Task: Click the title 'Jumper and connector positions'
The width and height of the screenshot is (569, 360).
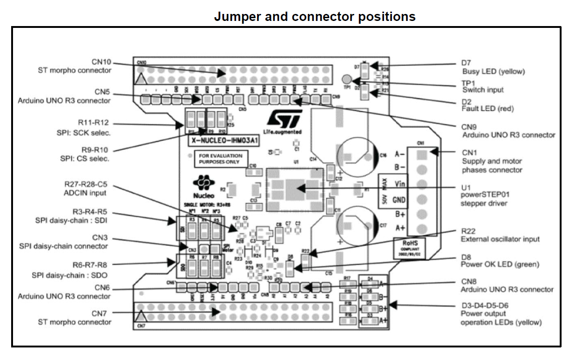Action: point(314,17)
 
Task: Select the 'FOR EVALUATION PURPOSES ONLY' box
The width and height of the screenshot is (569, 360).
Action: point(221,159)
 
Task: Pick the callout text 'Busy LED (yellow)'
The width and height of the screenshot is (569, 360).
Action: point(493,72)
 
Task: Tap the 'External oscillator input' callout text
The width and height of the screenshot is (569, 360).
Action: point(500,239)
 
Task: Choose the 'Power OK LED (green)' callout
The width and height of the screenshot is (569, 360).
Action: point(500,264)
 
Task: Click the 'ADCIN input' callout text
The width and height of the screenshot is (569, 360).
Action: point(85,193)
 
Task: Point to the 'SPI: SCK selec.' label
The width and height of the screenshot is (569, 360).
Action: point(83,133)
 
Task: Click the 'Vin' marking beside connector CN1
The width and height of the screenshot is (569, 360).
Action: point(400,184)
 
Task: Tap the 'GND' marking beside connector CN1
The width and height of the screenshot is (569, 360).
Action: point(400,200)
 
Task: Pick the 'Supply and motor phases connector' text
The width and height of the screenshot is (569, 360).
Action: point(492,166)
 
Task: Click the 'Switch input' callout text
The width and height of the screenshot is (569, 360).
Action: point(483,89)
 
